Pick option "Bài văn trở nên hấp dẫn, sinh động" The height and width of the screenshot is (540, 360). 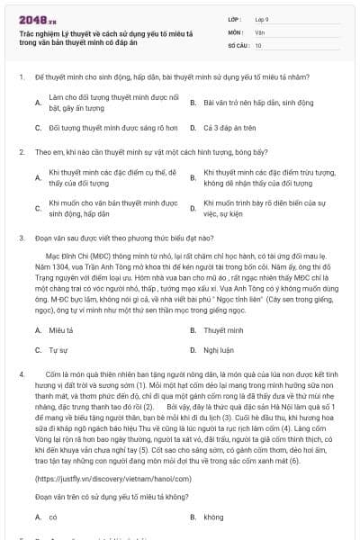tap(247, 103)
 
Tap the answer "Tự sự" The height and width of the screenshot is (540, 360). tap(58, 349)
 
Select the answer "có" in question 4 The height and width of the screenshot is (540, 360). tap(53, 517)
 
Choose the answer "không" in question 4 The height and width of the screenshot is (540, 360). tap(213, 517)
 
